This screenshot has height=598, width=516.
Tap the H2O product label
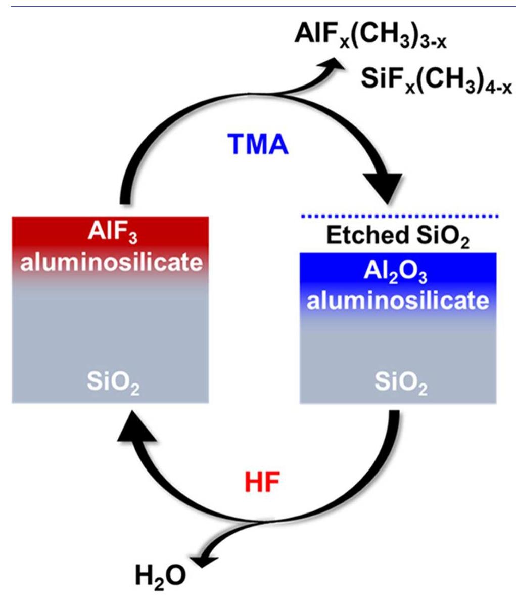(161, 575)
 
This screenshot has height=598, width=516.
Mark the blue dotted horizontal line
(399, 216)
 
